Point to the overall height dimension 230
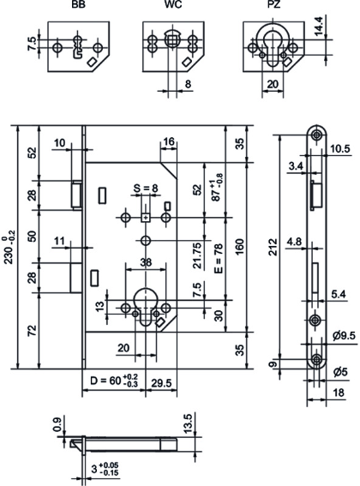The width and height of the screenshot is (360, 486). [9, 247]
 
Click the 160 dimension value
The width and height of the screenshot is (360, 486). [243, 246]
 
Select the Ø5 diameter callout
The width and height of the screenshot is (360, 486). [339, 373]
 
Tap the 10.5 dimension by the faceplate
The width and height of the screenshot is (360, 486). [340, 148]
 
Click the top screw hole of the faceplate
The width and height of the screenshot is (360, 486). [318, 135]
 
